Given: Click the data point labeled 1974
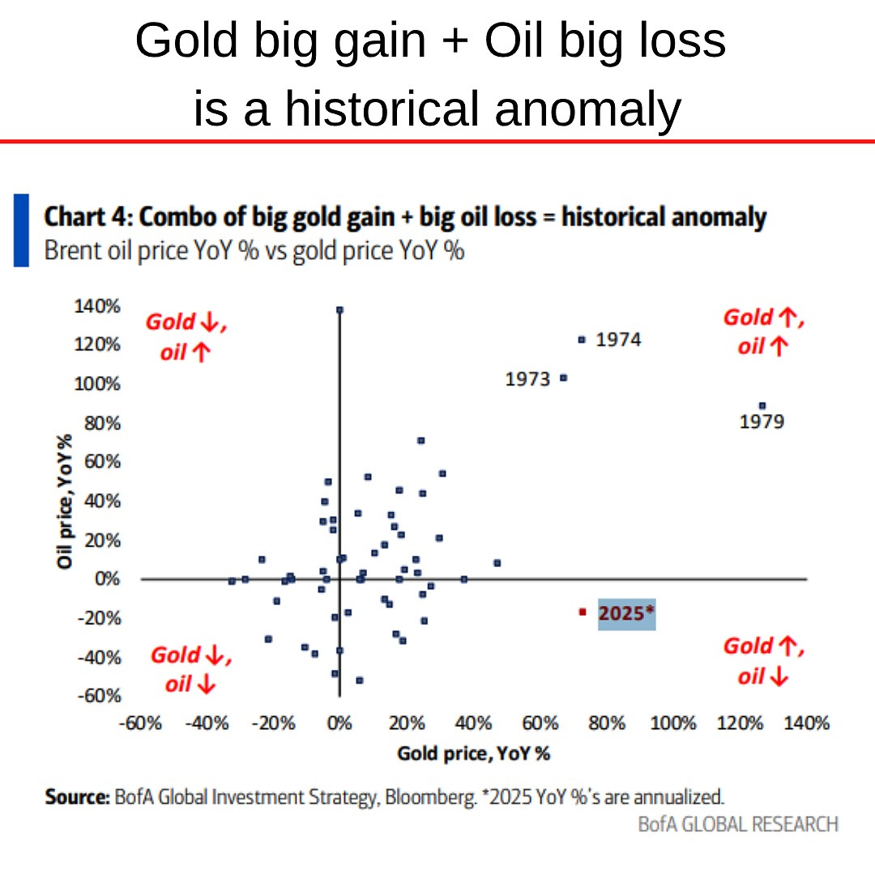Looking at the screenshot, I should point(581,340).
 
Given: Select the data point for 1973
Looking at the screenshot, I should point(564,378).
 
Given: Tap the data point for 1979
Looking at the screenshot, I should point(762,406).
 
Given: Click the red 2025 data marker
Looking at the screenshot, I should point(582,612).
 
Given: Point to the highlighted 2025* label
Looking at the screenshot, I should point(625,614).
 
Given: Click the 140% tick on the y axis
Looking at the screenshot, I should point(96,306).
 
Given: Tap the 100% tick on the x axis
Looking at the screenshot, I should point(673,723).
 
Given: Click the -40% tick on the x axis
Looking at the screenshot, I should point(207,723).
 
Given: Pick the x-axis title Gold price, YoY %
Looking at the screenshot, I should point(473,753).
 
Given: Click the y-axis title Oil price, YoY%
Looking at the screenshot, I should point(66,500).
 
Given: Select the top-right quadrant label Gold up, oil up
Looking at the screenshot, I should point(763,331).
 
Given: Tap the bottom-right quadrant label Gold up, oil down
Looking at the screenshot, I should point(763,660).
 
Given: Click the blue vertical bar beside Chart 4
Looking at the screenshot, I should point(21,230).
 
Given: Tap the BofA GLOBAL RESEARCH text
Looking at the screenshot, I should point(737,824).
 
